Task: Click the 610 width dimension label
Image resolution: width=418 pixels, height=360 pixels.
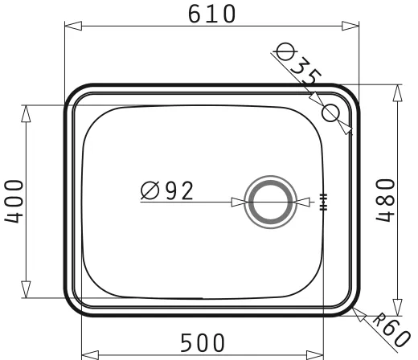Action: (212, 14)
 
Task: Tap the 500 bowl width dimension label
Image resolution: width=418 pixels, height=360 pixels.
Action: (203, 342)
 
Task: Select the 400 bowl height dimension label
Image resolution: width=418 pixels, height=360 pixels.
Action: (14, 202)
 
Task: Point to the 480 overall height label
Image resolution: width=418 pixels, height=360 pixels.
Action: (385, 200)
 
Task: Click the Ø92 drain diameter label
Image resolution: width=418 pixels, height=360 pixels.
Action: (166, 190)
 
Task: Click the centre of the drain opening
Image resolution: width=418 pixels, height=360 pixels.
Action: (270, 202)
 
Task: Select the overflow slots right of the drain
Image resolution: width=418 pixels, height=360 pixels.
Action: (324, 202)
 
